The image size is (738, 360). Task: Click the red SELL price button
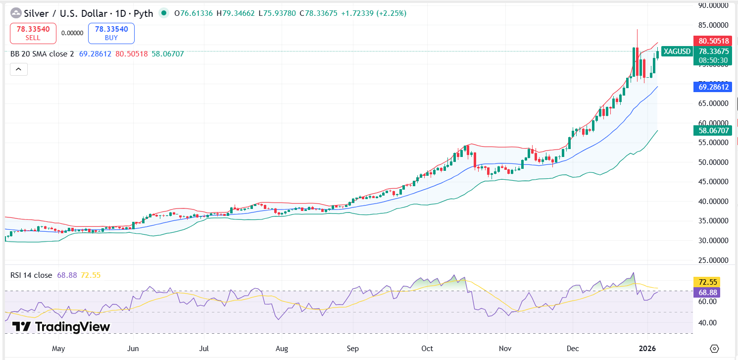click(x=33, y=33)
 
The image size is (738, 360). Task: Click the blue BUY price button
click(x=111, y=33)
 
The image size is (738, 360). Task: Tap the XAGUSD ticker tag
click(x=677, y=51)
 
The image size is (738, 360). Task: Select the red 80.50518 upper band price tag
click(x=713, y=41)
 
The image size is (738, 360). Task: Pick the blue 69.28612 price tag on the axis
click(x=713, y=87)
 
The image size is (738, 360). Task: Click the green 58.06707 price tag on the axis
click(x=713, y=131)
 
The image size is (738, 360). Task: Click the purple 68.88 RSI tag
click(x=706, y=292)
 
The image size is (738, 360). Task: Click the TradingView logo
click(x=61, y=327)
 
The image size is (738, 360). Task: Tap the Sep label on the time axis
click(x=352, y=349)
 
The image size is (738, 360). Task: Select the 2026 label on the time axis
click(x=648, y=349)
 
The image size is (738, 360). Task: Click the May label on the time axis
click(x=58, y=349)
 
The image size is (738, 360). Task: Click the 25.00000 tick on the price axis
click(x=713, y=260)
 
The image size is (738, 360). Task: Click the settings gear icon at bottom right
click(x=714, y=348)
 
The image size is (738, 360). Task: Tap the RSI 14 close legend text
click(x=31, y=275)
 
